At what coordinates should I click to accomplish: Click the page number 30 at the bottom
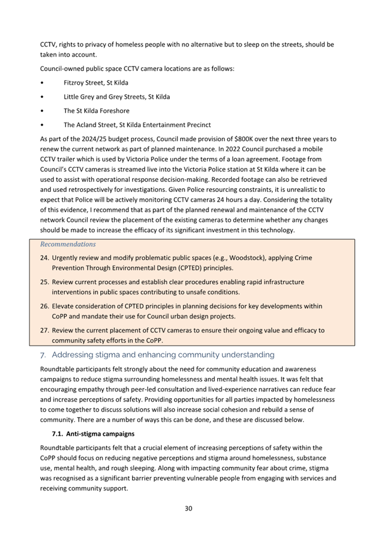[x=188, y=509]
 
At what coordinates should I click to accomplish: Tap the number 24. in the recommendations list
[x=45, y=258]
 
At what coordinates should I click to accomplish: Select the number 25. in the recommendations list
[x=45, y=282]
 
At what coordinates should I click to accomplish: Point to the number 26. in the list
[x=45, y=306]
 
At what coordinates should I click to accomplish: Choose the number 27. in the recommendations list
[x=45, y=330]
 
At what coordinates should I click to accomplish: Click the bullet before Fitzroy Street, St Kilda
[x=42, y=82]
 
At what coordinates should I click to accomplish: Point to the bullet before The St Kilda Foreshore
[x=42, y=111]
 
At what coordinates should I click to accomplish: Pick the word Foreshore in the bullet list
[x=114, y=111]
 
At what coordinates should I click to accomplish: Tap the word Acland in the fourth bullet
[x=90, y=125]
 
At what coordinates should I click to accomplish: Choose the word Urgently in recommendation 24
[x=67, y=258]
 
